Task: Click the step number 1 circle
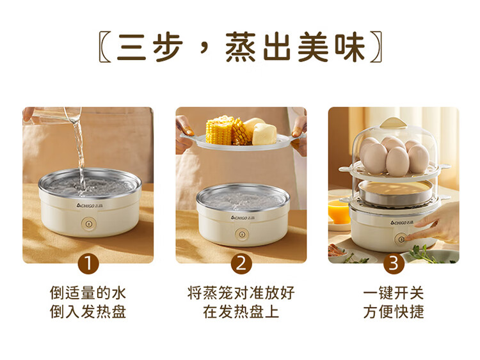(x=88, y=263)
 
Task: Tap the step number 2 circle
(x=241, y=263)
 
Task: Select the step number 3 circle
(x=394, y=263)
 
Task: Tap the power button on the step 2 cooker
(x=242, y=235)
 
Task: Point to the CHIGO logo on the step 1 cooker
(x=90, y=206)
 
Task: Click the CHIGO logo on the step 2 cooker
(x=243, y=218)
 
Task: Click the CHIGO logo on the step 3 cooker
(x=402, y=223)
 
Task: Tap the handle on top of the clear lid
(x=393, y=123)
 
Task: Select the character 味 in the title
(x=350, y=47)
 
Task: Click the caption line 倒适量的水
(x=88, y=293)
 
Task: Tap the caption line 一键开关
(x=394, y=293)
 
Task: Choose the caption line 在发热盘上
(x=241, y=312)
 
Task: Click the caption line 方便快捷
(x=394, y=312)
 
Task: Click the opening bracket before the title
(x=105, y=47)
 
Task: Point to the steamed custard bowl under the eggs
(x=396, y=192)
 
